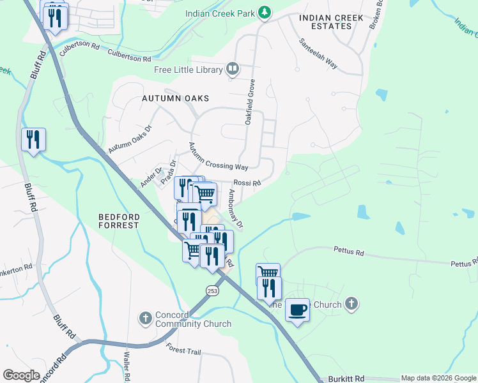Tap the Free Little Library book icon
click(233, 70)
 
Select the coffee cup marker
click(297, 310)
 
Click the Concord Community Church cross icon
click(145, 317)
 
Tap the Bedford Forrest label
click(118, 221)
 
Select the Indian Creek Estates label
click(325, 22)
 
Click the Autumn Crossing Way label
click(217, 157)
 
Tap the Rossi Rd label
click(247, 184)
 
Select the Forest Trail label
click(183, 350)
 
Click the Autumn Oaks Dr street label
click(130, 138)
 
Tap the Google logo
click(22, 375)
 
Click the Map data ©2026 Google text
click(438, 379)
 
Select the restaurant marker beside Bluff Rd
click(33, 139)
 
